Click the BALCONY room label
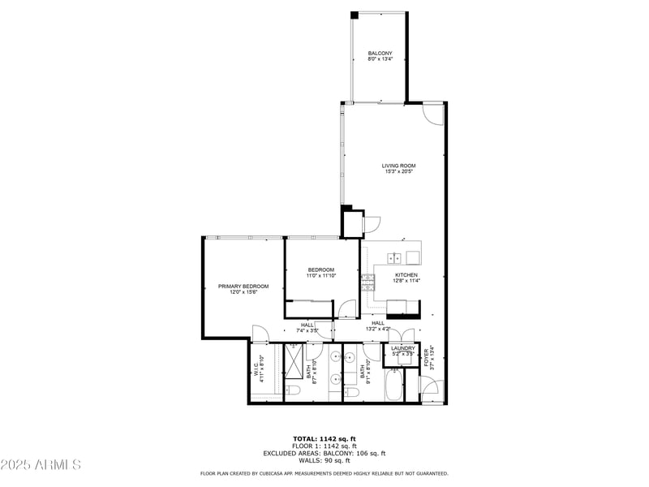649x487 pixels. [380, 54]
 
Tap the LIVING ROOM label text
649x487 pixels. [399, 166]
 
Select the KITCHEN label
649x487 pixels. [406, 275]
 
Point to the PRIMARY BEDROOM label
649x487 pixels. [243, 286]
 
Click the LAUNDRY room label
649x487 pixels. [403, 348]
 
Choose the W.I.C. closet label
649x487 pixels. [255, 368]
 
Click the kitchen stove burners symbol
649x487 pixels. [368, 282]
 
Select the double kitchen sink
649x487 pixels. [394, 258]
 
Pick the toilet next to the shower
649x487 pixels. [293, 392]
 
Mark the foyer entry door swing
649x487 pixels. [431, 387]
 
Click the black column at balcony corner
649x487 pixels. [354, 15]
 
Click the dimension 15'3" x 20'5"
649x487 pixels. [399, 172]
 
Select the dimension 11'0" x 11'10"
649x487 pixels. [320, 276]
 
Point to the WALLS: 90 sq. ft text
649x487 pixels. [324, 461]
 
